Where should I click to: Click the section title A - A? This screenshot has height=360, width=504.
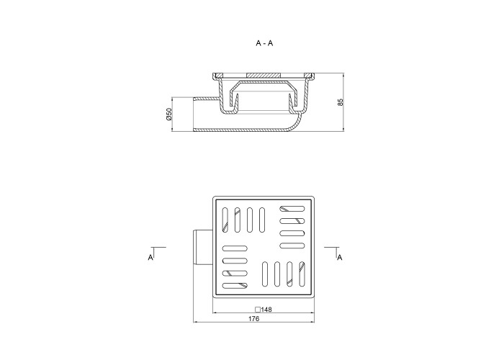[264, 43]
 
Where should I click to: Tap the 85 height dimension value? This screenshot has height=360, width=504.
[341, 102]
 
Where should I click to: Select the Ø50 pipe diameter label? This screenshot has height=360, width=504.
[169, 114]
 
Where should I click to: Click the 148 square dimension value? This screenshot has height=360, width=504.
[266, 310]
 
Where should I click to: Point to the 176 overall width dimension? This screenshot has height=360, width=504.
[254, 319]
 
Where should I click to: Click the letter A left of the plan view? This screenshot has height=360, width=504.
[150, 258]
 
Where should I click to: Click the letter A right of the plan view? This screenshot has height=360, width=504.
[339, 258]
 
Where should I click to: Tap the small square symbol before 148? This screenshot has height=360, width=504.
[258, 310]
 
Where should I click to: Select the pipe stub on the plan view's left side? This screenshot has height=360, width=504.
[203, 248]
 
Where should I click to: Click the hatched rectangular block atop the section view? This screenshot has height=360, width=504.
[264, 75]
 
